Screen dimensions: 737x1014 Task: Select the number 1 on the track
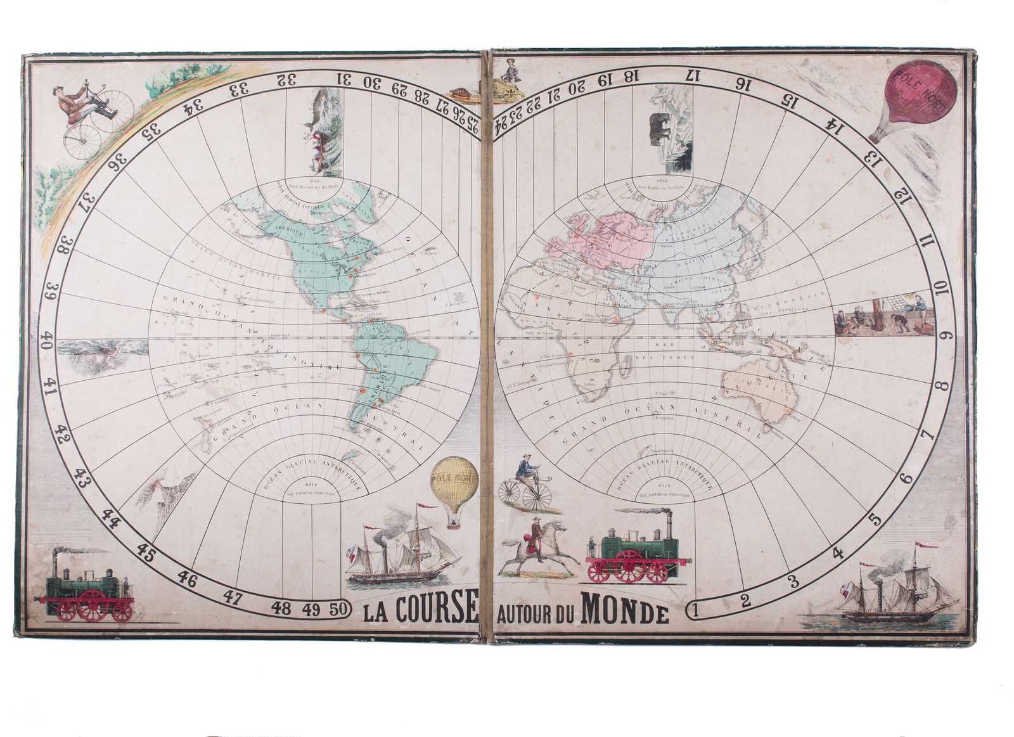(695, 611)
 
